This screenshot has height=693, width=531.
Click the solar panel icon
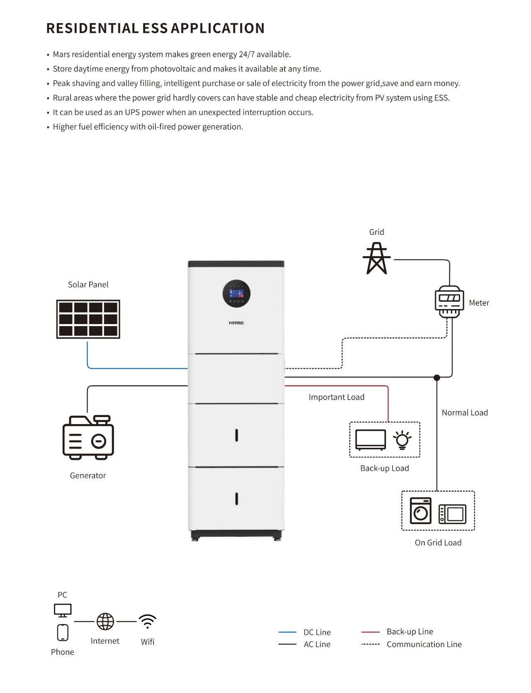(88, 319)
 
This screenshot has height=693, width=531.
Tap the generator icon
(88, 437)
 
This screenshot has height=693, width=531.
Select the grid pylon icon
(377, 259)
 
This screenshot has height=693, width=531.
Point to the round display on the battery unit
(236, 293)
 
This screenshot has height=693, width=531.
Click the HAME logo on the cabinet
(236, 323)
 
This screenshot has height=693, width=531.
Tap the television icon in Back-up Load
(370, 440)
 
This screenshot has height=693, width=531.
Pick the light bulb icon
(402, 440)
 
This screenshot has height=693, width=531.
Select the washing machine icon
(421, 511)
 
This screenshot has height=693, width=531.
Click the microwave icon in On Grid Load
(453, 514)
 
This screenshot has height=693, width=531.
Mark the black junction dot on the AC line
(437, 378)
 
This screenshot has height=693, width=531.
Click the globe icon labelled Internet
(105, 622)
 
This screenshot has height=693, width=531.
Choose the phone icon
(63, 632)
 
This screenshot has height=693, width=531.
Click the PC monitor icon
(63, 610)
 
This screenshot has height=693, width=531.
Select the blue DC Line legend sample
(287, 632)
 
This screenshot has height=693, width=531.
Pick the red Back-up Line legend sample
(370, 632)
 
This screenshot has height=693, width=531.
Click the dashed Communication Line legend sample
(370, 644)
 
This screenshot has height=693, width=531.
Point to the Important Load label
(336, 397)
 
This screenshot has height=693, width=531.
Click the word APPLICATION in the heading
(218, 28)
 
